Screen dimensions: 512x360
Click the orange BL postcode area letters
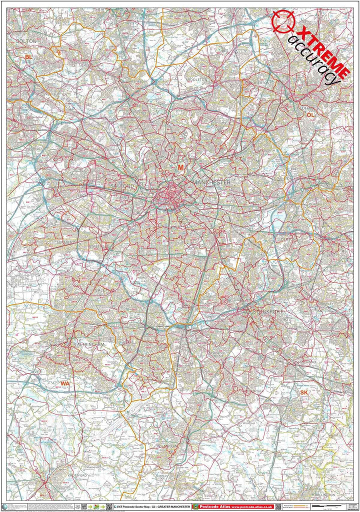[28, 58]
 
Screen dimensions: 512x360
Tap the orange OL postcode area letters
[310, 115]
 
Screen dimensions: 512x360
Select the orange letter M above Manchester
[181, 167]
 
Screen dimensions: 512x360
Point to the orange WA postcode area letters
[65, 383]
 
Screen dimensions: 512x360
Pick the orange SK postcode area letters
[304, 393]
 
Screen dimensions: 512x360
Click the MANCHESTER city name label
[210, 182]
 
